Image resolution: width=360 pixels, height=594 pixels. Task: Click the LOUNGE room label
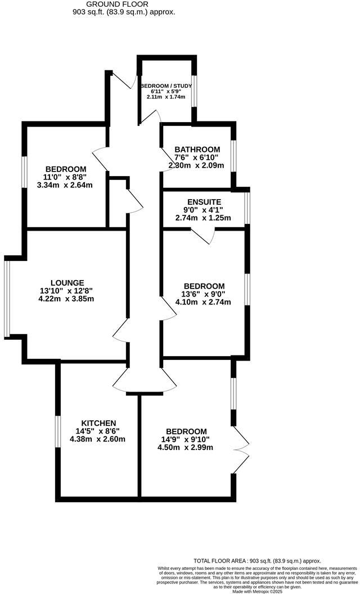pos(67,282)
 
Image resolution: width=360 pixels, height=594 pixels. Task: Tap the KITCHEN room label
pos(98,423)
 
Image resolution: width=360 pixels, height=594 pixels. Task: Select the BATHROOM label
pos(197,150)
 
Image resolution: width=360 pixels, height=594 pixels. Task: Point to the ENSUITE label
pos(204,202)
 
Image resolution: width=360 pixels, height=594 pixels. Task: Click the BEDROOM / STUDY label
pos(166,86)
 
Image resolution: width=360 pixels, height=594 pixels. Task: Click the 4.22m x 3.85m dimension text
pos(67,299)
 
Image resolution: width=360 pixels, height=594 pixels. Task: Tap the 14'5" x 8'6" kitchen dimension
pos(98,431)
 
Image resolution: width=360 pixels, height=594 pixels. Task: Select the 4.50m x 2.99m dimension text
pos(185,447)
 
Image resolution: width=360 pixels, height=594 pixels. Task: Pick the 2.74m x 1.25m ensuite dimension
pos(203,218)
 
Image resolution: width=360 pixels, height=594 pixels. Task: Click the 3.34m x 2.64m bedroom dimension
pos(65,185)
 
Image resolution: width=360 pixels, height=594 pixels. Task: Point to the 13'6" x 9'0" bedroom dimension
pos(204,294)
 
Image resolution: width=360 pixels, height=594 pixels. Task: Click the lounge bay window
pos(7,296)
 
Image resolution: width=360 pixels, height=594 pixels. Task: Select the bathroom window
pos(233,156)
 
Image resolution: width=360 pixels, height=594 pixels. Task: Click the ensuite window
pos(247,208)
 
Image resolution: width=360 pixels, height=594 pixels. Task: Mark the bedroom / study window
pos(193,91)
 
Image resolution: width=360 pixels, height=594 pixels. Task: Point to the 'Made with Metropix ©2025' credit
pos(257,591)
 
